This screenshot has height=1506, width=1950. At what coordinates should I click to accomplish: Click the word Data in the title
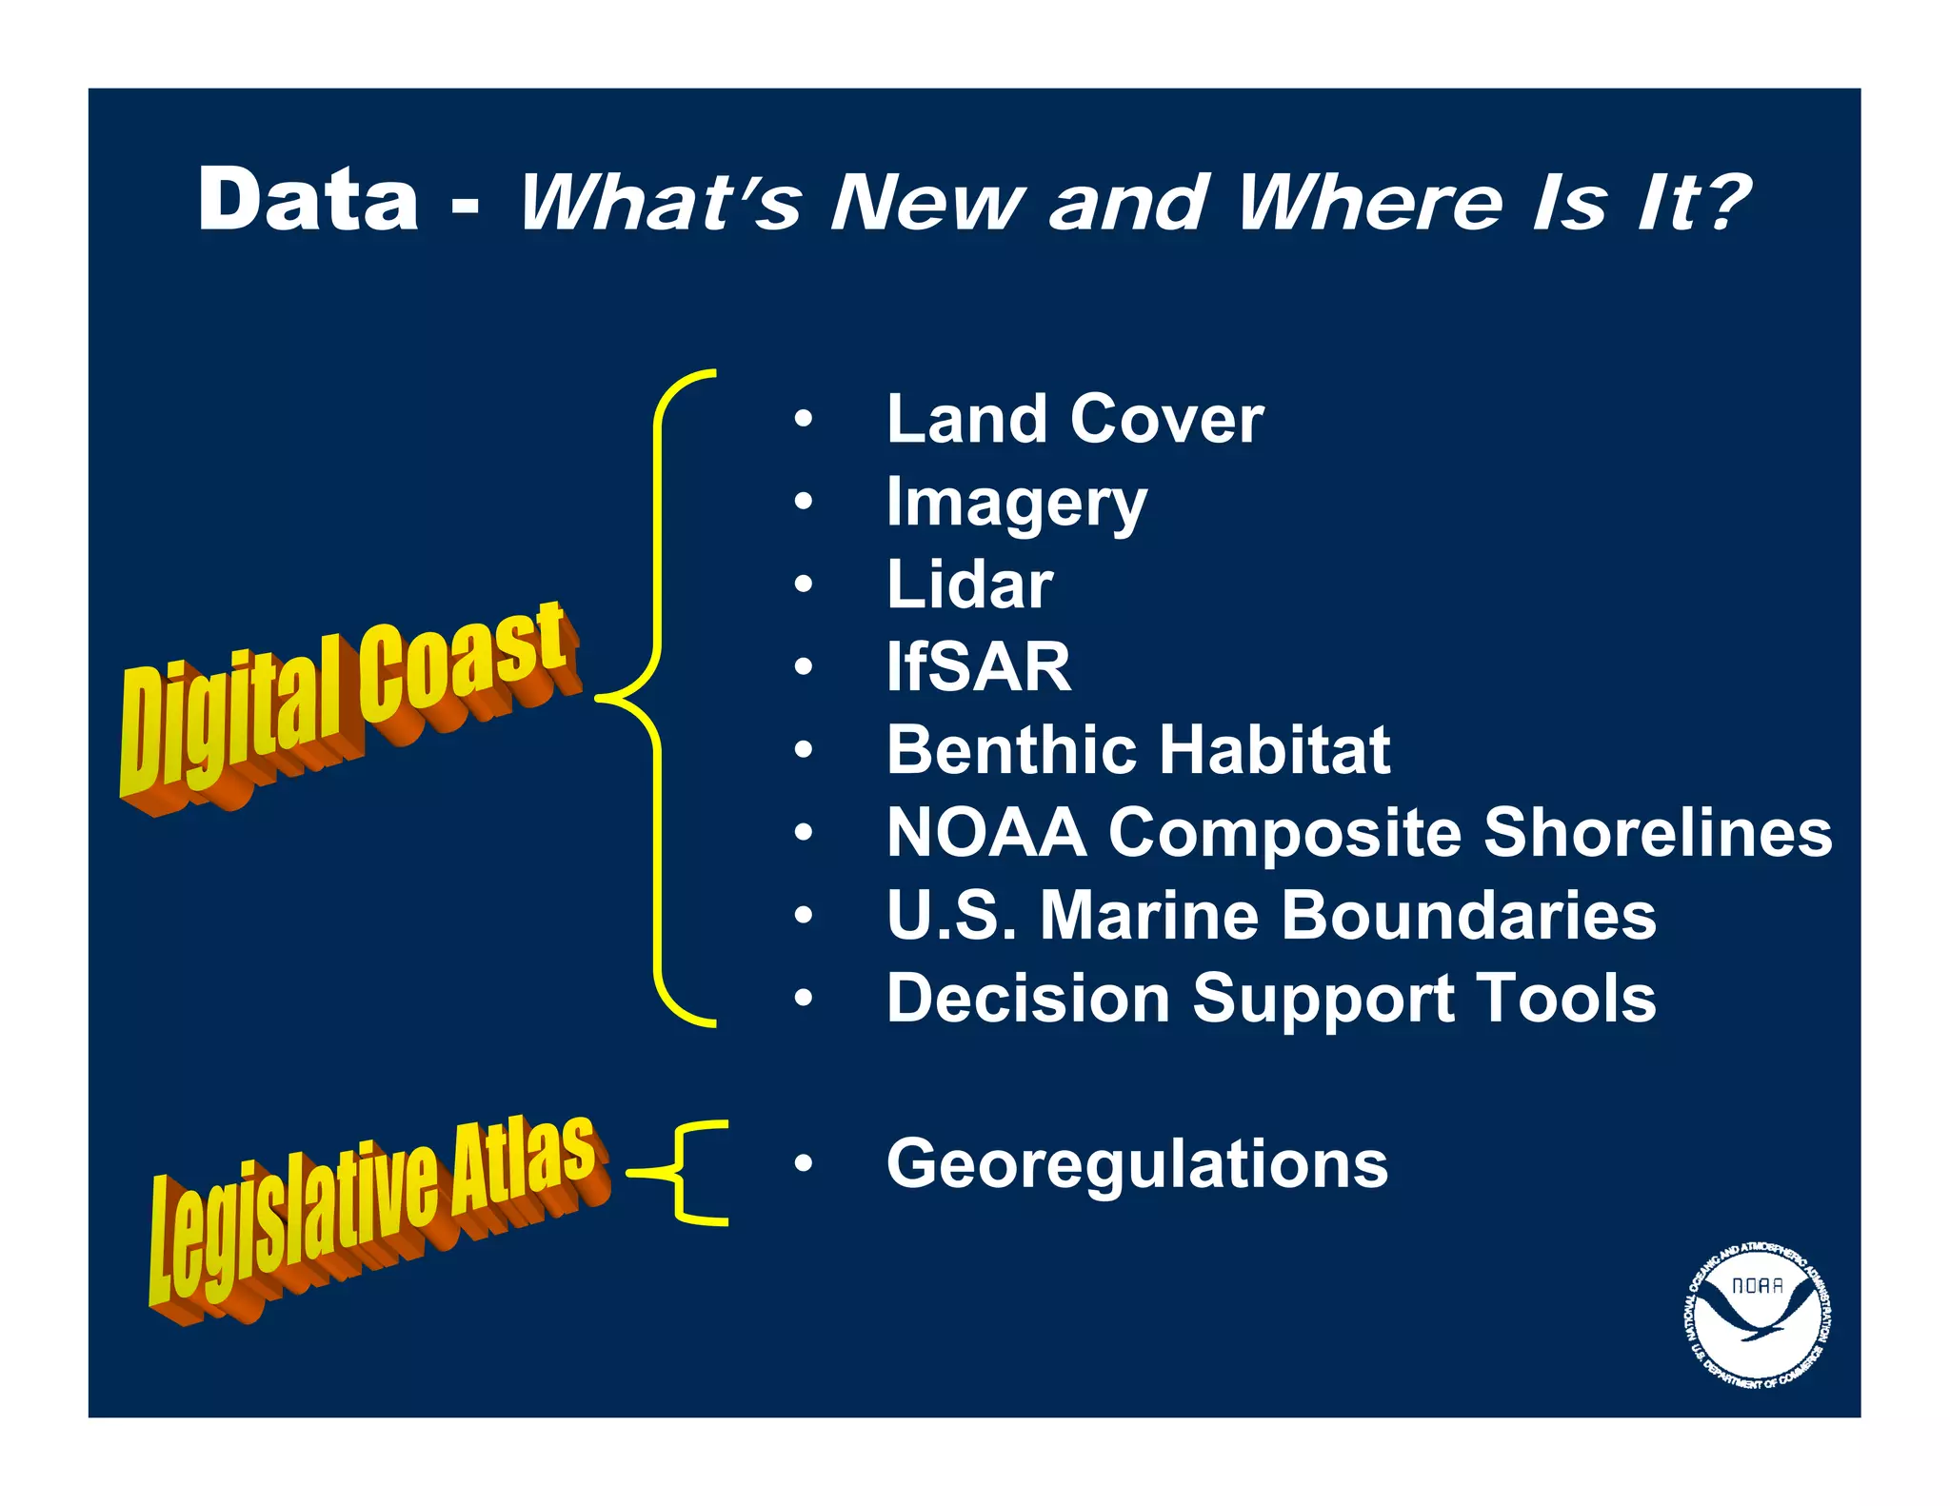tap(308, 199)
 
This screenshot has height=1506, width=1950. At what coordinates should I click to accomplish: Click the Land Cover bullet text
tap(1074, 419)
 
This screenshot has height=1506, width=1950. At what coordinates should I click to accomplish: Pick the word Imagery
tap(1016, 504)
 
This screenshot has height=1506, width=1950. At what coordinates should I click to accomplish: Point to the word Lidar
tap(969, 585)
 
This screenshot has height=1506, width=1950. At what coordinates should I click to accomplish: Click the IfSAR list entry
tap(978, 667)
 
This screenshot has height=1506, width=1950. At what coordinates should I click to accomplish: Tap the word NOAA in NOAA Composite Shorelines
tap(986, 833)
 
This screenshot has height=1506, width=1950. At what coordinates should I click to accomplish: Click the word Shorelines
tap(1657, 833)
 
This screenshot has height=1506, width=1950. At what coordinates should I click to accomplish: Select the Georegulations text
tap(1137, 1163)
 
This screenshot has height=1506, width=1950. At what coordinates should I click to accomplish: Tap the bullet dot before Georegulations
tap(804, 1163)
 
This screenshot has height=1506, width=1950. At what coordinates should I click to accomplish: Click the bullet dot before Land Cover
tap(804, 419)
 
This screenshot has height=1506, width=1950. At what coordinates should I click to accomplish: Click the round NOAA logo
tap(1758, 1316)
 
